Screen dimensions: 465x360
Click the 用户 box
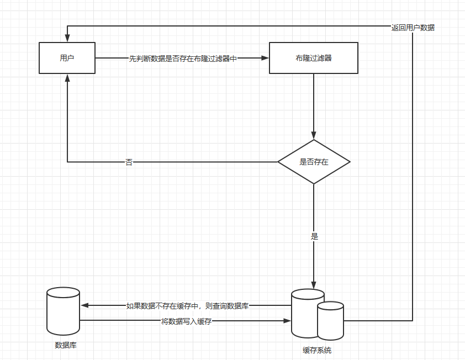tap(67, 58)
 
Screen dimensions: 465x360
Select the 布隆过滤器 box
tap(314, 58)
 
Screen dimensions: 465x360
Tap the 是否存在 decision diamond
tap(314, 162)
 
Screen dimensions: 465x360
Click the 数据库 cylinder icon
tap(63, 311)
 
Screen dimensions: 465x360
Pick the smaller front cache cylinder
tap(330, 321)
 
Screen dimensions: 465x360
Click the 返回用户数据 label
tap(413, 28)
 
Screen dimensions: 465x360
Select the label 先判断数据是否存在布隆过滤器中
tap(183, 59)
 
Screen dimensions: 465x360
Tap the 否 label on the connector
tap(129, 162)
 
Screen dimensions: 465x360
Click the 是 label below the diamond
tap(314, 236)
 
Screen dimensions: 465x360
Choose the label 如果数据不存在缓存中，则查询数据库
tap(187, 306)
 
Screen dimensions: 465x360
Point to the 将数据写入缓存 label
tap(186, 321)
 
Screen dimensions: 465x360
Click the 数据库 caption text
tap(66, 345)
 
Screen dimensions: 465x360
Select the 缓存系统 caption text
tap(317, 350)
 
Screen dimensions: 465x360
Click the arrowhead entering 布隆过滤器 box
tap(265, 58)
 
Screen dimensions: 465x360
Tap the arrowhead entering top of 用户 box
tap(67, 38)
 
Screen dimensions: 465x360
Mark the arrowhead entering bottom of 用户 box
tap(67, 78)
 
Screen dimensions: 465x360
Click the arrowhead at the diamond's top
tap(314, 135)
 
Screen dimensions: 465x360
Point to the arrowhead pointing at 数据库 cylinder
tap(84, 305)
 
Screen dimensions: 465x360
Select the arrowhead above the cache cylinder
tap(314, 285)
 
